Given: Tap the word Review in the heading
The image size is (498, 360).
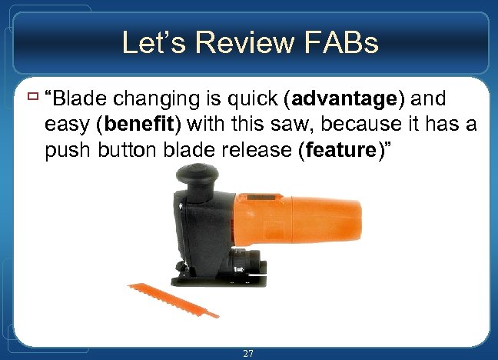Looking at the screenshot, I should (x=243, y=43).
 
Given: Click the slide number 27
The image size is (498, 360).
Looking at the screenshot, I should (x=248, y=353).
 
